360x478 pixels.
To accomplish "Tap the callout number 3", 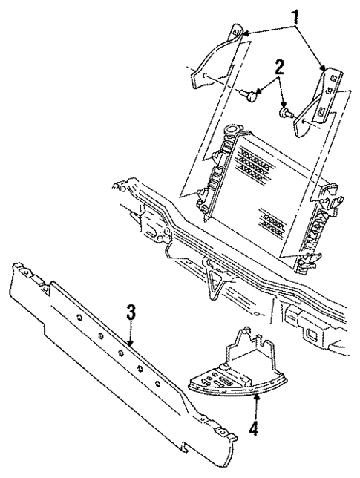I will point(130,314).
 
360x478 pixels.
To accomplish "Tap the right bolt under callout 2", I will point(285,111).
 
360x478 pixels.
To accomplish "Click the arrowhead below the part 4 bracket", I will point(257,396).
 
